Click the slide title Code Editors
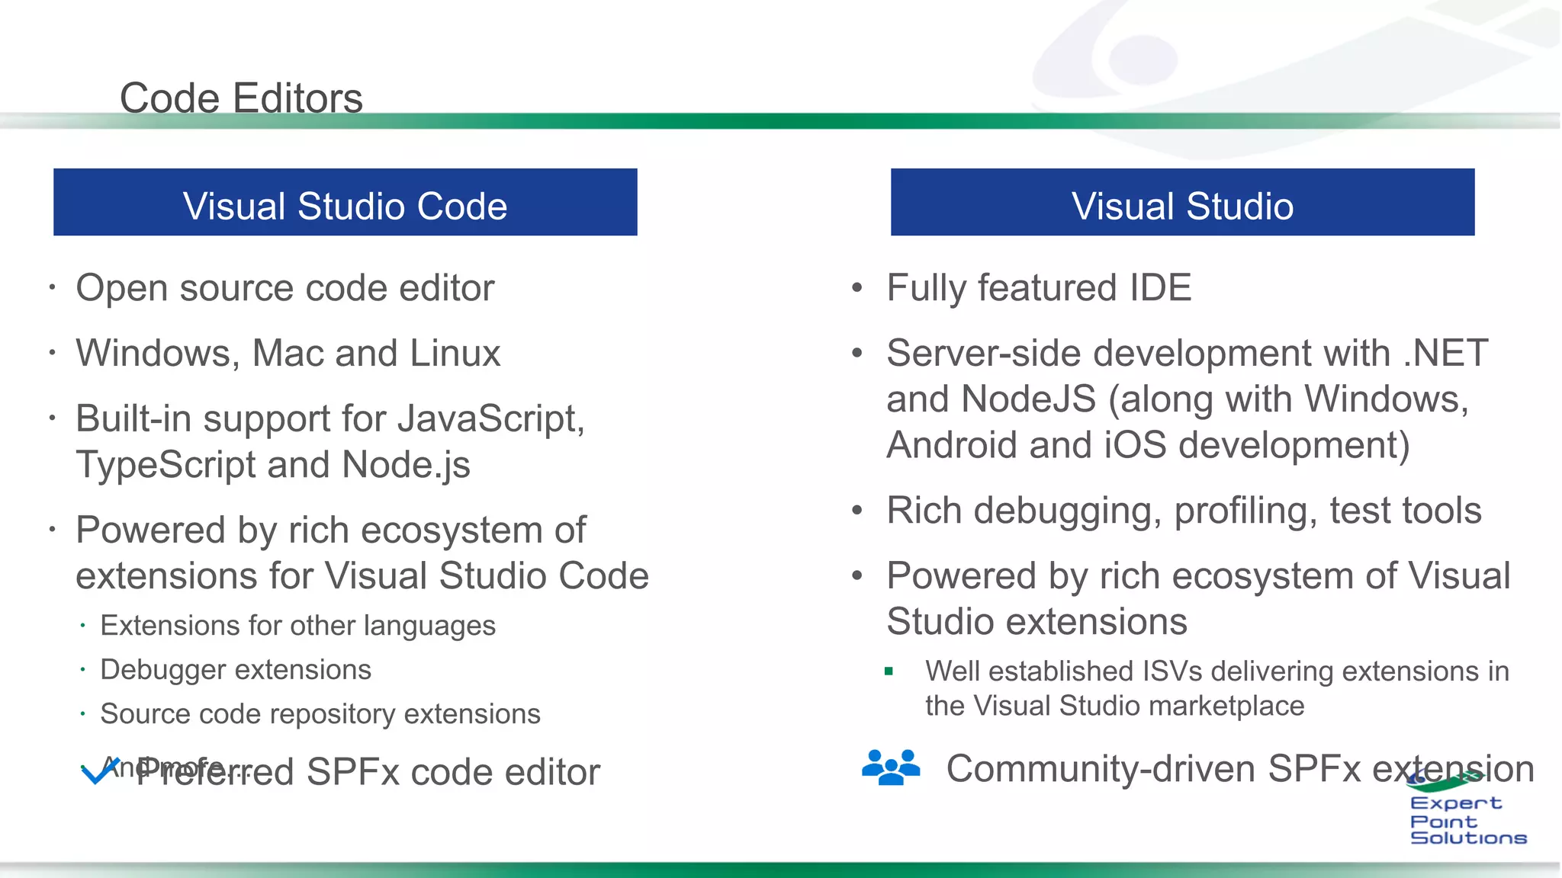tap(241, 98)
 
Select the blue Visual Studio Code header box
tap(345, 203)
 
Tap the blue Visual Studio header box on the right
tap(1182, 203)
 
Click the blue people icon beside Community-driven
tap(890, 767)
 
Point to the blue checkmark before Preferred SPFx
tap(99, 771)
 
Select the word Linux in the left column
tap(455, 354)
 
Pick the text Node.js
tap(406, 465)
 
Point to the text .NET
tap(1445, 354)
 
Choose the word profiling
tap(1245, 511)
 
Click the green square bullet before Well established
tap(889, 671)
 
